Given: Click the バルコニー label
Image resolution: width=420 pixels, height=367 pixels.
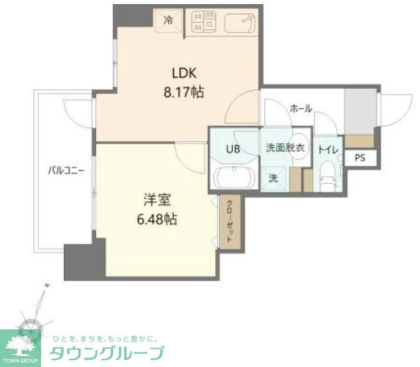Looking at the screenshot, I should pos(66,171).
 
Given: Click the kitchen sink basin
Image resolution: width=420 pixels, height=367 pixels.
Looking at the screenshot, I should pos(241,23).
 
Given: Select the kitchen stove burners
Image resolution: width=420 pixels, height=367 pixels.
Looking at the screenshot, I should pos(204,22).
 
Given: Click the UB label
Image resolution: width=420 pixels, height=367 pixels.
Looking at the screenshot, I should pos(233,149).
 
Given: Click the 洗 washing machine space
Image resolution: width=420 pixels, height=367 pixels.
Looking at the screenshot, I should pos(273,178).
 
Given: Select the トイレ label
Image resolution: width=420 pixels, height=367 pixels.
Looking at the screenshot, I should pos(328,149).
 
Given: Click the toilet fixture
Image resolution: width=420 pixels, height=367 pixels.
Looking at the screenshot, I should pos(328,177).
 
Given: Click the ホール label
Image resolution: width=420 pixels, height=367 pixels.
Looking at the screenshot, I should pos(301,109).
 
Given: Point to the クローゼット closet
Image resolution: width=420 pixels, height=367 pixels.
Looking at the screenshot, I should pos(230,221).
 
